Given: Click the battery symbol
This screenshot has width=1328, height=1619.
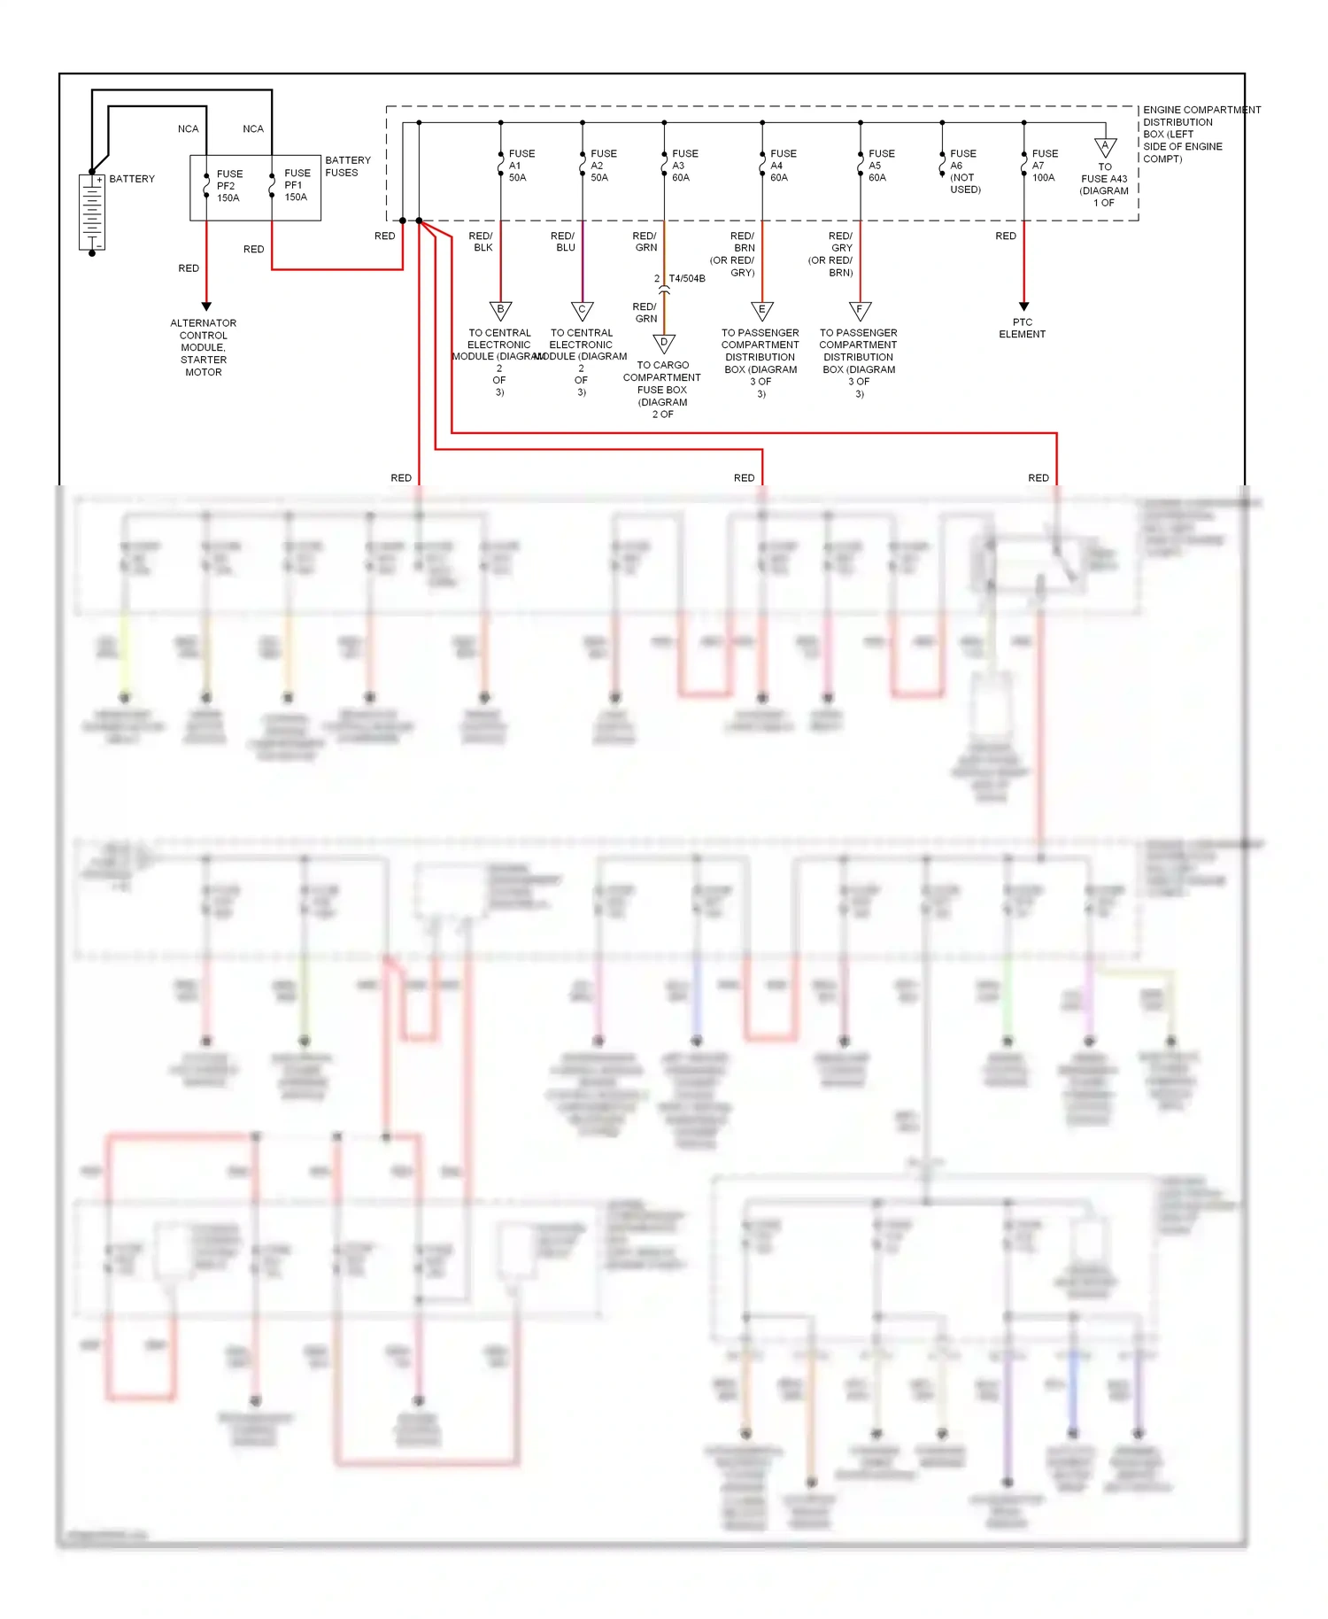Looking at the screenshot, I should (92, 213).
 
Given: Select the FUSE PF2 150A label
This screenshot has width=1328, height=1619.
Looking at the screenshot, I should (228, 186).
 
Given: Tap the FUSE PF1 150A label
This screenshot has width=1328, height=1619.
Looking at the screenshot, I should (297, 185).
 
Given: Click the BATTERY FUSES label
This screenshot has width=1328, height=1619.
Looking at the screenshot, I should (347, 167).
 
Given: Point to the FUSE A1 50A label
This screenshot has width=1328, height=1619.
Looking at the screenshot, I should (521, 166).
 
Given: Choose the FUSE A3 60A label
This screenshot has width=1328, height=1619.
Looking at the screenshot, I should (683, 166).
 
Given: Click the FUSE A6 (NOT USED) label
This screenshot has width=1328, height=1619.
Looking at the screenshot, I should (964, 172).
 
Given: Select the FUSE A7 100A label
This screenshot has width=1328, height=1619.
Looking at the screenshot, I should (1044, 166).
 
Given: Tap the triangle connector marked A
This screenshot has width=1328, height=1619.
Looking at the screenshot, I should (1105, 147).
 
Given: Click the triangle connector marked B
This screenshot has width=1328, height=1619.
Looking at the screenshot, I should (500, 311).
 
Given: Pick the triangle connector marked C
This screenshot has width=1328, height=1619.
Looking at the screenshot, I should (582, 311).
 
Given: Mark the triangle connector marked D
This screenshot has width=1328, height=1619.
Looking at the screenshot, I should (664, 344).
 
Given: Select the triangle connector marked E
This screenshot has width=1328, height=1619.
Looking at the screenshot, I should (761, 311).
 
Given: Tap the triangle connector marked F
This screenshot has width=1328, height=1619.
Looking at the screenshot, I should (860, 311).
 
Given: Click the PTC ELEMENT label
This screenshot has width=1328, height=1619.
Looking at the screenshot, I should (1022, 329).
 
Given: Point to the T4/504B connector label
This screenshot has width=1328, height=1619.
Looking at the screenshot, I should (686, 279).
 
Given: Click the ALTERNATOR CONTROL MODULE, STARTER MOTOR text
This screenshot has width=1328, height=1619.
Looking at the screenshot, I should (204, 347).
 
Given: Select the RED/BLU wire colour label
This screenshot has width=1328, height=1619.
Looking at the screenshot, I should (563, 242).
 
